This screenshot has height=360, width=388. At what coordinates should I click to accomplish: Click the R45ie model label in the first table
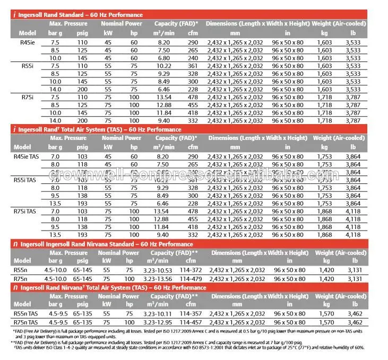24,42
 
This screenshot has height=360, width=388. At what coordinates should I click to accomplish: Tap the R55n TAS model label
25,313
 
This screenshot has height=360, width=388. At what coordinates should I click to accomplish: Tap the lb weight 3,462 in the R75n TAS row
354,322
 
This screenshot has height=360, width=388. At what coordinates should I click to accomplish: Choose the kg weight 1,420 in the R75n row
327,278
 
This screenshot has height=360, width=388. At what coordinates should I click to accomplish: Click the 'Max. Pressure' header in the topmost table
69,23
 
